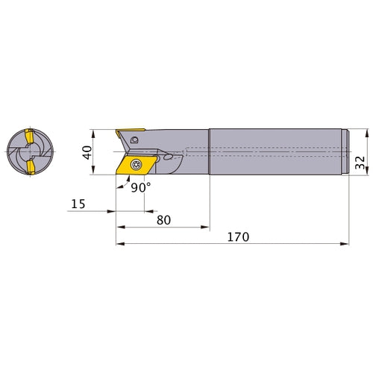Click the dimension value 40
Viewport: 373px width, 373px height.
click(87, 152)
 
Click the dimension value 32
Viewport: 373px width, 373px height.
click(360, 163)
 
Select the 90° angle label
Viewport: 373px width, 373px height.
click(141, 188)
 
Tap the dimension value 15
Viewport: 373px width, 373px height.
click(78, 204)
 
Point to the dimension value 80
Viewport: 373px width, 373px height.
click(163, 220)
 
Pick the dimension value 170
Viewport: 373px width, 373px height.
click(238, 237)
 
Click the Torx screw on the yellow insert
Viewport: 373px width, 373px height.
click(136, 164)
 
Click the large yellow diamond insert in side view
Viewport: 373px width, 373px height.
click(137, 165)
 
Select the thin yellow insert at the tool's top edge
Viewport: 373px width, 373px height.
click(130, 131)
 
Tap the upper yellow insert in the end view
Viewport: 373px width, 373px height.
click(29, 137)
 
